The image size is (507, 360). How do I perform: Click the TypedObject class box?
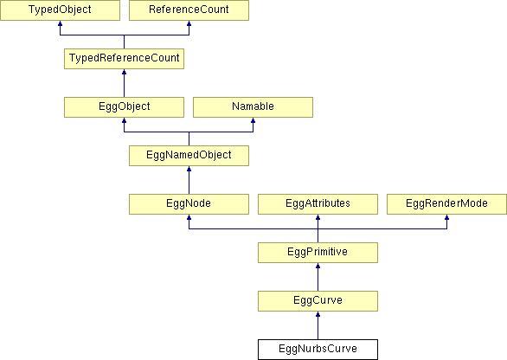tap(60, 10)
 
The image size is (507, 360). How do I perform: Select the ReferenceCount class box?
tap(189, 10)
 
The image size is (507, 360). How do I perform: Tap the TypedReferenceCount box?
tap(125, 59)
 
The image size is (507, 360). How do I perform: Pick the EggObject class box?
tap(125, 107)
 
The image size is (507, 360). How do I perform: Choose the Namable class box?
tap(253, 107)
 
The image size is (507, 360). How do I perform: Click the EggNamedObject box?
tap(189, 156)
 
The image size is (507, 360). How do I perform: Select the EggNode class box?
tap(189, 204)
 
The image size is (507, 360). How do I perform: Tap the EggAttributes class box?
tap(318, 204)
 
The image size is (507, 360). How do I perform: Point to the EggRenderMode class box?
tap(446, 204)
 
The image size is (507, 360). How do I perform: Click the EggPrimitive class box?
tap(318, 253)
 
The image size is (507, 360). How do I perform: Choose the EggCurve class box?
tap(318, 301)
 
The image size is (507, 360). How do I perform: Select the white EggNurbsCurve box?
tap(318, 350)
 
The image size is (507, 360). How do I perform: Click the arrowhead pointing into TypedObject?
tap(60, 23)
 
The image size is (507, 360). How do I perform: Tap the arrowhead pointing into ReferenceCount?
tap(189, 23)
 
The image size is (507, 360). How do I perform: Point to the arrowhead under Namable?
tap(253, 120)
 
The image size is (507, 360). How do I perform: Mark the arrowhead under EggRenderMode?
tap(446, 217)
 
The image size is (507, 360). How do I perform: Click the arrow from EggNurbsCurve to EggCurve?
tap(318, 325)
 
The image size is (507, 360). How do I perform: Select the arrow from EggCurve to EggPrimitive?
tap(318, 277)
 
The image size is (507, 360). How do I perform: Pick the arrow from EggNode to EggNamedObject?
tap(189, 180)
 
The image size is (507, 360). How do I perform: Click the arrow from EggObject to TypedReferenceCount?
tap(125, 83)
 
